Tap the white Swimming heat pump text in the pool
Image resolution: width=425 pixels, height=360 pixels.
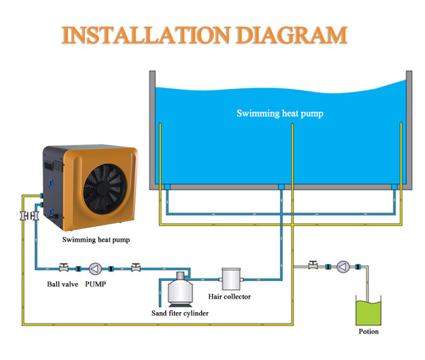point(280,113)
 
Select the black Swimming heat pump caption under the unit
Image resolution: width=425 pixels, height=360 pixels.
point(96,239)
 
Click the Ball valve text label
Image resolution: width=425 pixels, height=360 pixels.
point(63,284)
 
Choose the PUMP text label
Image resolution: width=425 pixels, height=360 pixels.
point(96,284)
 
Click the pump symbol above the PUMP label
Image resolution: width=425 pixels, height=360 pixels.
point(95,268)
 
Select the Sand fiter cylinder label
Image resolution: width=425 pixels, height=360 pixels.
point(180,313)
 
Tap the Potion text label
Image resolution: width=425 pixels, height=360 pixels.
point(369,332)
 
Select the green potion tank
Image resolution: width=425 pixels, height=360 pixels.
point(369,312)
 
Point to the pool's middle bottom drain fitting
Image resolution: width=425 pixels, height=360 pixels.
point(280,187)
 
